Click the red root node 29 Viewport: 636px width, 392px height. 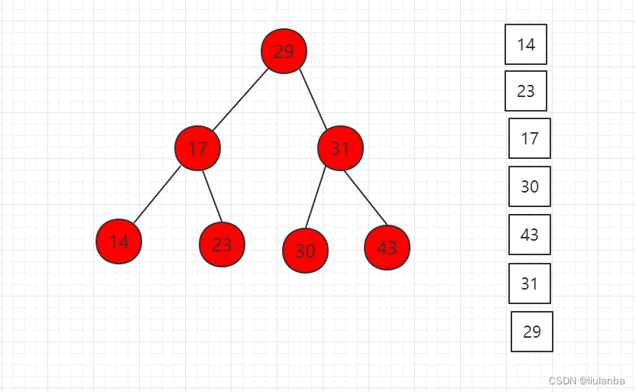click(284, 51)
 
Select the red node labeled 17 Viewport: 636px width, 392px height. click(197, 148)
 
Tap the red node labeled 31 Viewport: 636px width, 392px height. click(340, 148)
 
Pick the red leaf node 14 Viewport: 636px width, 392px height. click(118, 241)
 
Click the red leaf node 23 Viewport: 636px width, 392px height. click(222, 245)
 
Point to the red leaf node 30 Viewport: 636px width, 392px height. click(305, 250)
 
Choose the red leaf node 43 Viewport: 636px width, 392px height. click(387, 248)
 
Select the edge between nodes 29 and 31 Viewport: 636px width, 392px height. click(313, 100)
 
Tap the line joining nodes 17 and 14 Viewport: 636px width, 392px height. click(157, 195)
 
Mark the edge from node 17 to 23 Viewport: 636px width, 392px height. click(210, 196)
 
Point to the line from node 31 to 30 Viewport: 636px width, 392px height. click(316, 197)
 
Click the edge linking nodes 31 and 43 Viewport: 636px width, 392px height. click(365, 197)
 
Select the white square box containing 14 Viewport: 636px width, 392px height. click(526, 44)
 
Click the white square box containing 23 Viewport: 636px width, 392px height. click(526, 91)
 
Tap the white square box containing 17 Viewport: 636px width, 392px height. click(530, 138)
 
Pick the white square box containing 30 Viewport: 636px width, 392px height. click(530, 186)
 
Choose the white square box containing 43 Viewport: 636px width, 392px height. click(530, 235)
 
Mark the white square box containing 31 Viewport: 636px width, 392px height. click(530, 283)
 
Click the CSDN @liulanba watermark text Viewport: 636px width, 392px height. click(586, 381)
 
